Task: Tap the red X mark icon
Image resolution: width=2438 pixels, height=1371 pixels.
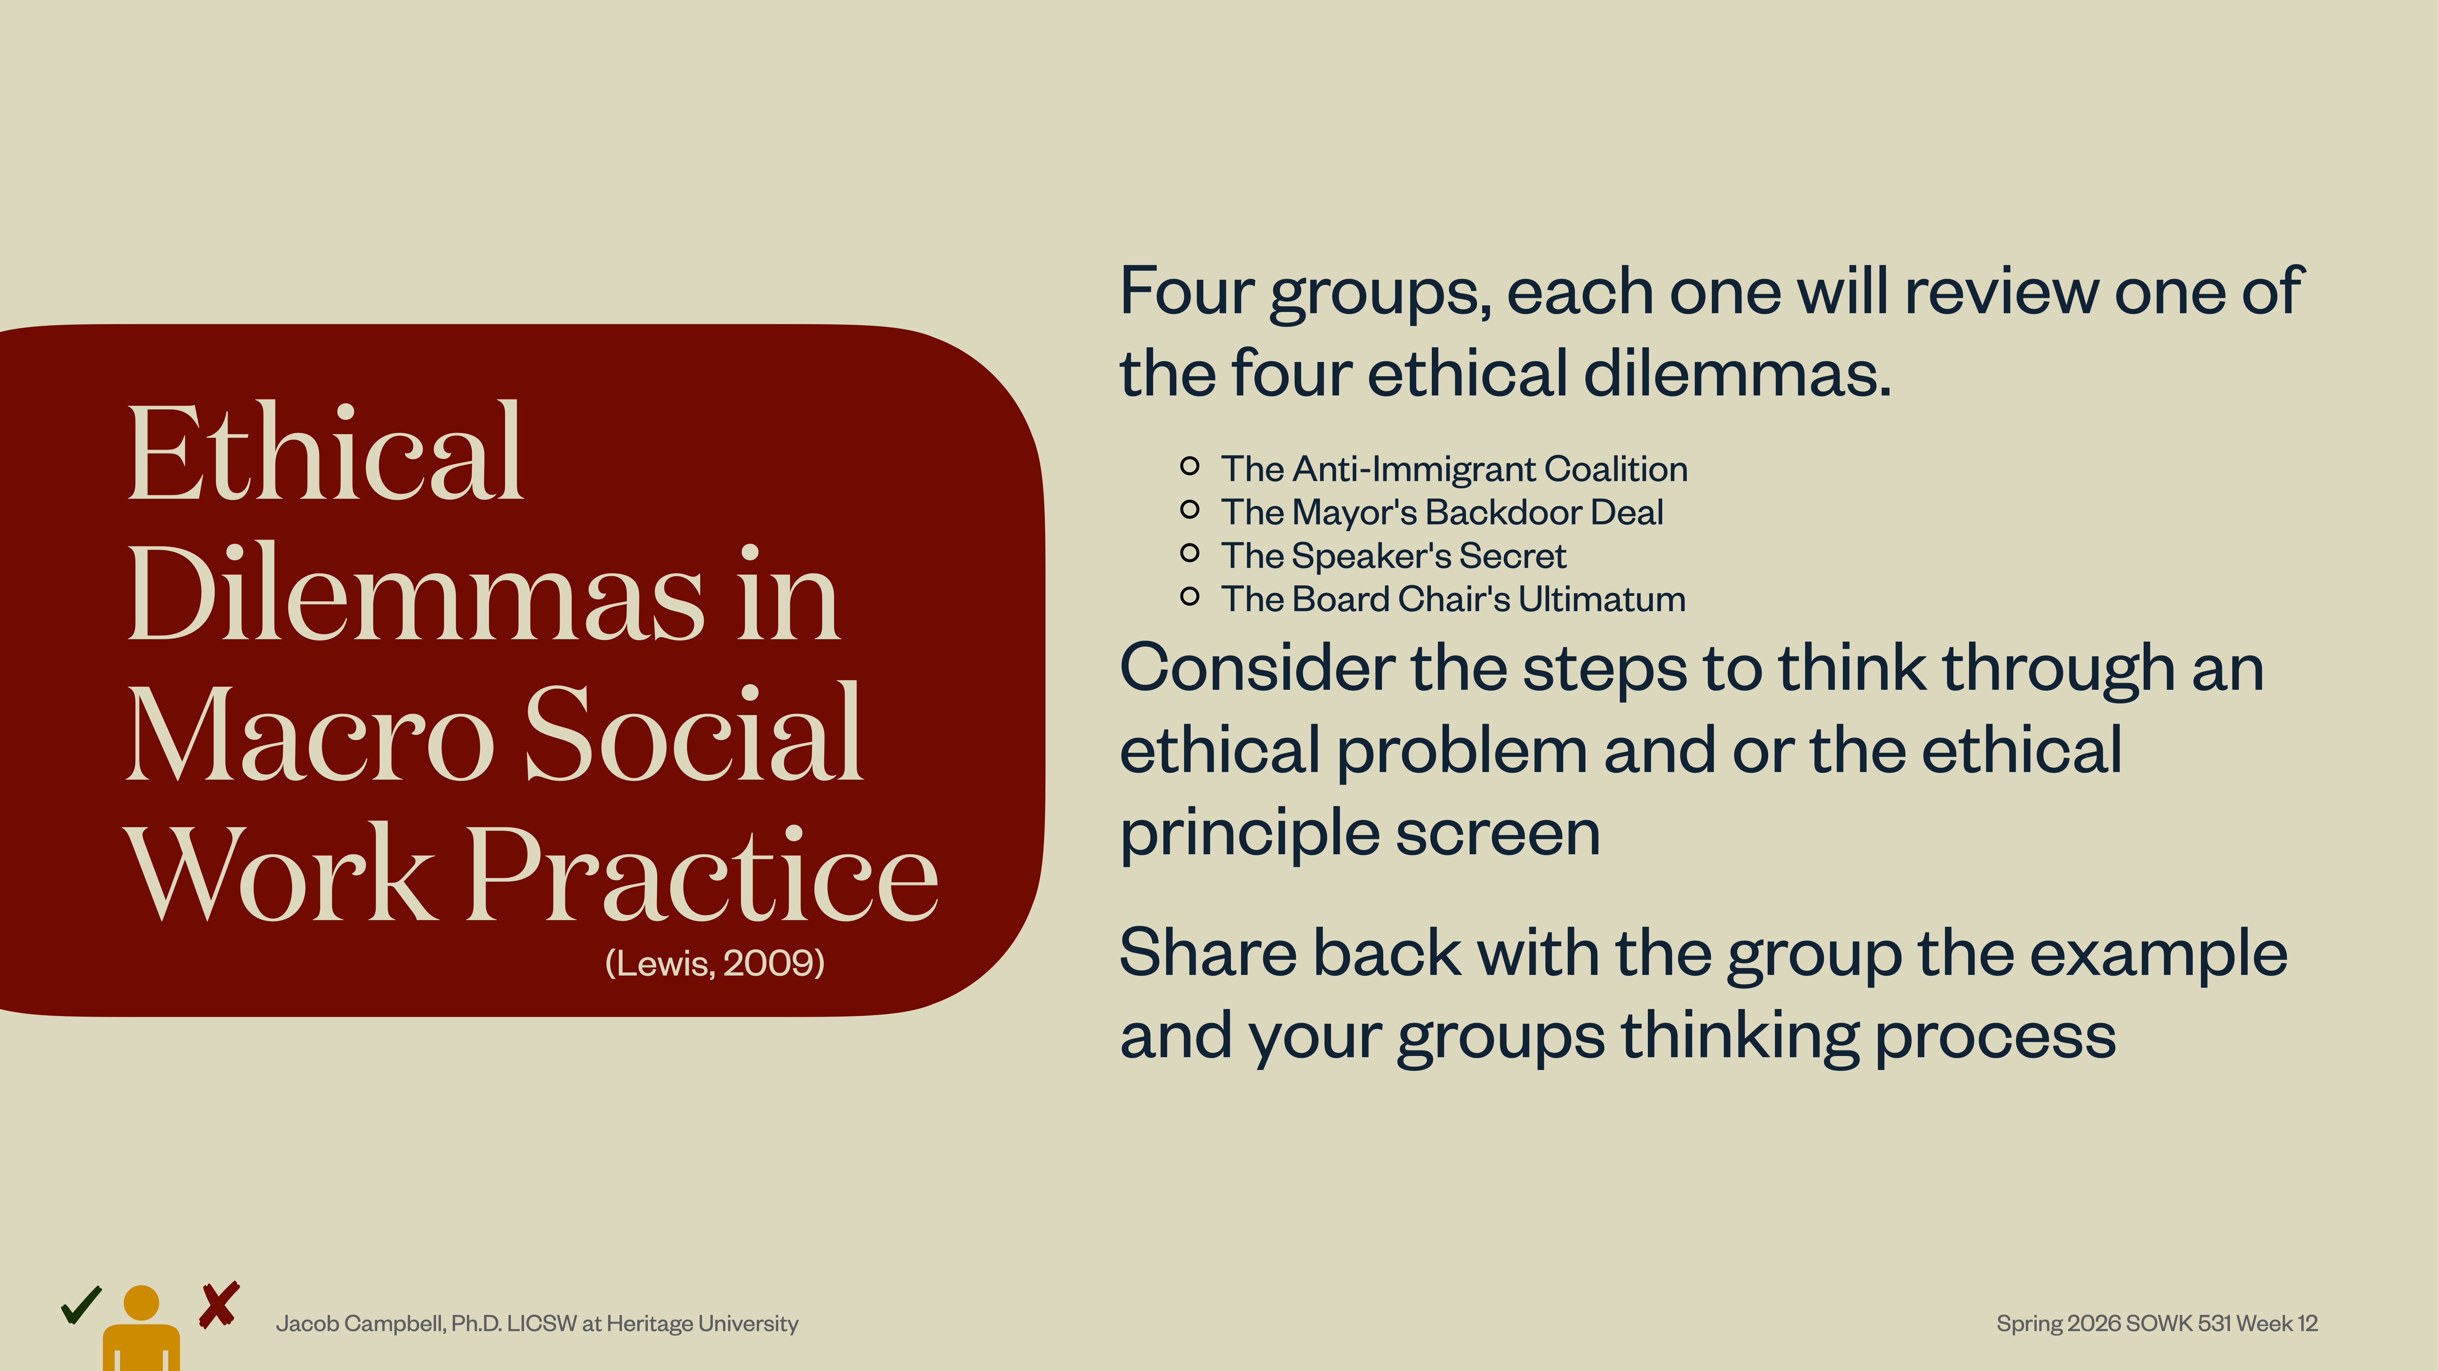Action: click(218, 1306)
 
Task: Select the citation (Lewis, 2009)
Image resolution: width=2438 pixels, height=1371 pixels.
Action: click(715, 963)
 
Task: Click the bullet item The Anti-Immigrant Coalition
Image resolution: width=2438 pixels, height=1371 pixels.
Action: click(1454, 469)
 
